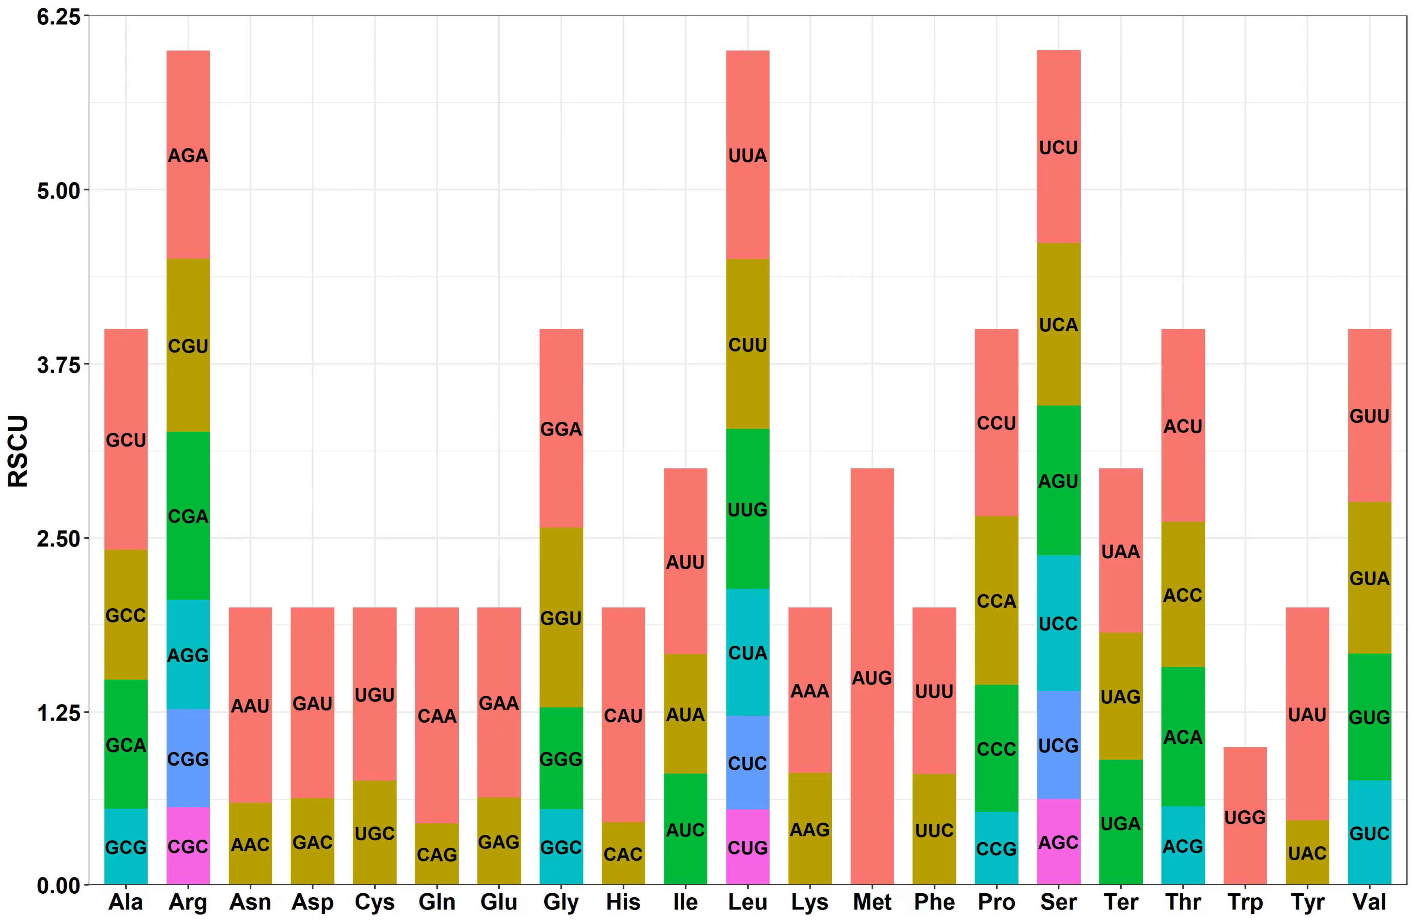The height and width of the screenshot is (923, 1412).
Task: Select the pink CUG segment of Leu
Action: click(x=748, y=847)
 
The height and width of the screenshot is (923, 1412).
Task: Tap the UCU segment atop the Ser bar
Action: click(x=1058, y=147)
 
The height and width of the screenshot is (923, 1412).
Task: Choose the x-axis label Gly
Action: click(x=560, y=902)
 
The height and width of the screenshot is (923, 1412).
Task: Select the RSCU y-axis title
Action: click(x=18, y=451)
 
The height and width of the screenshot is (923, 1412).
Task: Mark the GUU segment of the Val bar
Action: click(x=1369, y=416)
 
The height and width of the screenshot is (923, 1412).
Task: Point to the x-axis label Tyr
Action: click(x=1307, y=902)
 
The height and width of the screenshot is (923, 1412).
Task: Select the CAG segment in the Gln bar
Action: click(x=437, y=854)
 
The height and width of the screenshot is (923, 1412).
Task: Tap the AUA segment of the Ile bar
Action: click(x=685, y=714)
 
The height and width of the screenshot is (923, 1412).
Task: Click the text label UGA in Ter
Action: click(x=1120, y=823)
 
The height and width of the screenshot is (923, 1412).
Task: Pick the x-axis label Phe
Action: click(x=934, y=902)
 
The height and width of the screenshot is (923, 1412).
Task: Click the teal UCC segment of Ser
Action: click(x=1058, y=623)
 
